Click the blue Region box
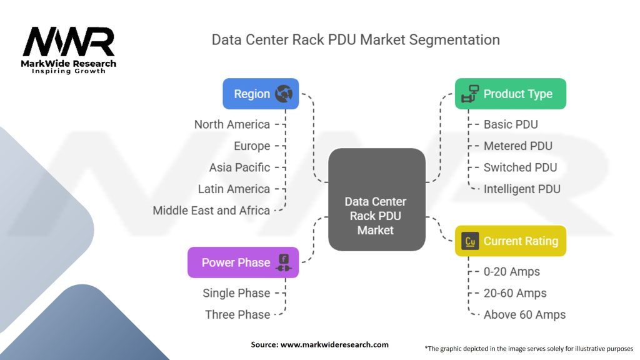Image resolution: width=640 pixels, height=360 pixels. click(x=261, y=94)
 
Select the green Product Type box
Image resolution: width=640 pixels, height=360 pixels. click(x=510, y=94)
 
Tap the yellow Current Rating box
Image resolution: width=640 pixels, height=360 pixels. click(x=510, y=241)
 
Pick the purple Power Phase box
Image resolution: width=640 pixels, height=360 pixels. click(x=243, y=262)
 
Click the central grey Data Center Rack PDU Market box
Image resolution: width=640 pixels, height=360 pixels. click(x=376, y=199)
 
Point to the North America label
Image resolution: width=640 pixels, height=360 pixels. click(x=232, y=124)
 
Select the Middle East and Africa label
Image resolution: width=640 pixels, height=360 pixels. click(x=211, y=211)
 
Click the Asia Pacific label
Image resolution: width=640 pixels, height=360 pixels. click(x=239, y=167)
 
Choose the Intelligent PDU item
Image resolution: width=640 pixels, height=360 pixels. click(x=522, y=189)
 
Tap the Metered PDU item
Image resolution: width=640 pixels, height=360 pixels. click(x=518, y=146)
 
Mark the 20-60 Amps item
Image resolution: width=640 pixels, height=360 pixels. click(x=515, y=293)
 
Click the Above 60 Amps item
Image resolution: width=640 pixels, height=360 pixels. click(x=524, y=315)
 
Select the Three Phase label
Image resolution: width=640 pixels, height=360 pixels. click(x=237, y=315)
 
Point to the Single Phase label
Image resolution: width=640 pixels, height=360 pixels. click(x=236, y=293)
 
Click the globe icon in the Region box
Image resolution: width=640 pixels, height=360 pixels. click(x=284, y=94)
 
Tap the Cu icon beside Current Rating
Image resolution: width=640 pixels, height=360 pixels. click(x=470, y=241)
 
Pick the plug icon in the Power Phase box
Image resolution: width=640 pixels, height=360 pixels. click(x=284, y=262)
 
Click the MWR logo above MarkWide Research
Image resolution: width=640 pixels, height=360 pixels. click(x=69, y=41)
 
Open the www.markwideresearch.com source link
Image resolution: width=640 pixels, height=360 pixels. click(x=334, y=344)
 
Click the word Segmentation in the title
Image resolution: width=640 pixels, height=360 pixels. click(x=454, y=40)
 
